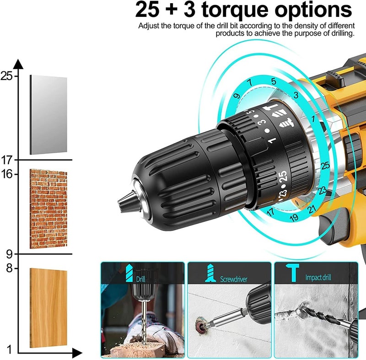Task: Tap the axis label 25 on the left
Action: pyautogui.click(x=6, y=76)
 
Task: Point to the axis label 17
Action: pyautogui.click(x=6, y=160)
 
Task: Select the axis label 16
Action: pyautogui.click(x=6, y=174)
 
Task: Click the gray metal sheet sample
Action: pyautogui.click(x=48, y=115)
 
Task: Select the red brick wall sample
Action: pyautogui.click(x=48, y=209)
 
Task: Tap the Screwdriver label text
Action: pyautogui.click(x=232, y=278)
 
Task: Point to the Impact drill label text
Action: pyautogui.click(x=318, y=277)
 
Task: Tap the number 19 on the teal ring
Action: pyautogui.click(x=294, y=217)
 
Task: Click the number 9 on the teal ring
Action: pyautogui.click(x=237, y=96)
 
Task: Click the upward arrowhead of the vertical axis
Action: pyautogui.click(x=18, y=64)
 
